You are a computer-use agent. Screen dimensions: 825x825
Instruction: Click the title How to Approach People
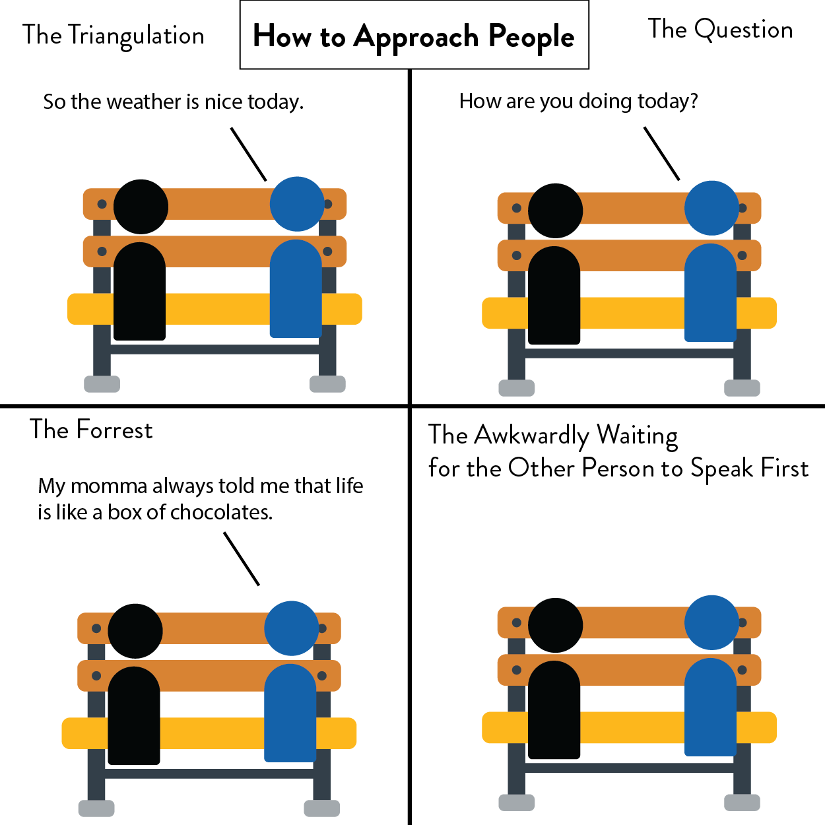414,36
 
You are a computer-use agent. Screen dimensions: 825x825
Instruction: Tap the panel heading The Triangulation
114,36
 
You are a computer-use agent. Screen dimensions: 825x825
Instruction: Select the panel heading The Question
720,30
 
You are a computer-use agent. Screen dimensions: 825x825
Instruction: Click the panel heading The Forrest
91,430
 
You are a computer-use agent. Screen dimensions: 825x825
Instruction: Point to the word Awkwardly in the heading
531,436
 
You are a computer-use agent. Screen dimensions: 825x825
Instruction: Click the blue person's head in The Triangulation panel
297,204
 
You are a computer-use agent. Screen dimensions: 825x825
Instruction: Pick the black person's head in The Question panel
555,211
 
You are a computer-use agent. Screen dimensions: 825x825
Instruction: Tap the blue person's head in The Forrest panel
291,628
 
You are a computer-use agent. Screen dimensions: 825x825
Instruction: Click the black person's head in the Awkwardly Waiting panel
555,625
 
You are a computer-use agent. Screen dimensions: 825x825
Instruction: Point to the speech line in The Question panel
661,154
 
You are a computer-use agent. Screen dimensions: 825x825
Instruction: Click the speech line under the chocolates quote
242,559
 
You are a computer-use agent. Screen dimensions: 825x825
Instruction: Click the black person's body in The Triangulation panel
139,294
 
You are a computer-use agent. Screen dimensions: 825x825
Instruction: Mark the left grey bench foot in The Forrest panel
96,808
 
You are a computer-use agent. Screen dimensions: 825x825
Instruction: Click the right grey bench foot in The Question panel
742,388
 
